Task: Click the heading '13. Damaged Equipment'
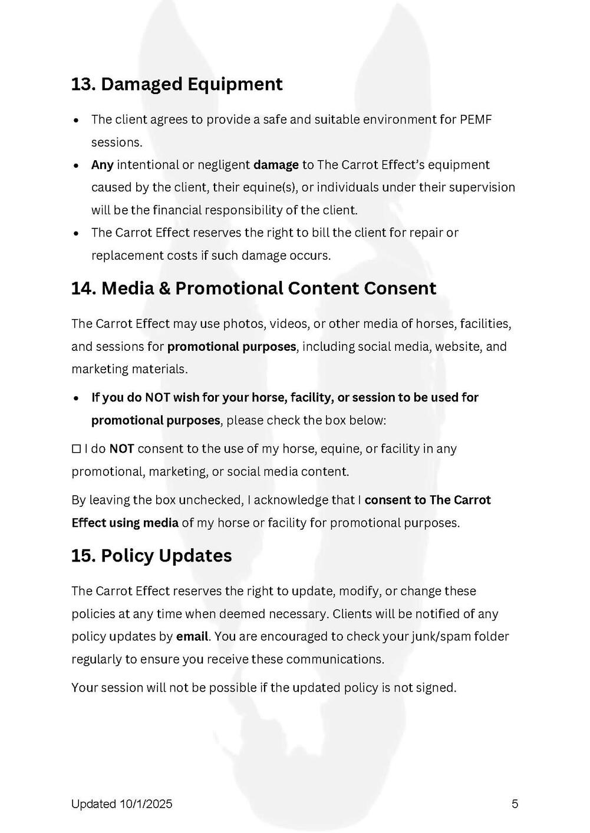(177, 84)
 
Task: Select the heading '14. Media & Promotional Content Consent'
(253, 288)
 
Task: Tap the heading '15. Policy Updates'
(151, 556)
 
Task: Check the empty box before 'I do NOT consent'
(76, 449)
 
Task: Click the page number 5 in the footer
(515, 804)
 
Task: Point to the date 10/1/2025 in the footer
(146, 804)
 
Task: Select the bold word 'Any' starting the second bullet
(102, 165)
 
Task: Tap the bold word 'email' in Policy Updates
(192, 636)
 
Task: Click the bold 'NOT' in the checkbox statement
(121, 449)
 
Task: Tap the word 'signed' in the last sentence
(436, 688)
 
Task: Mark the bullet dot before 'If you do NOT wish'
(76, 399)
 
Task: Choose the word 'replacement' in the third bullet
(121, 255)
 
